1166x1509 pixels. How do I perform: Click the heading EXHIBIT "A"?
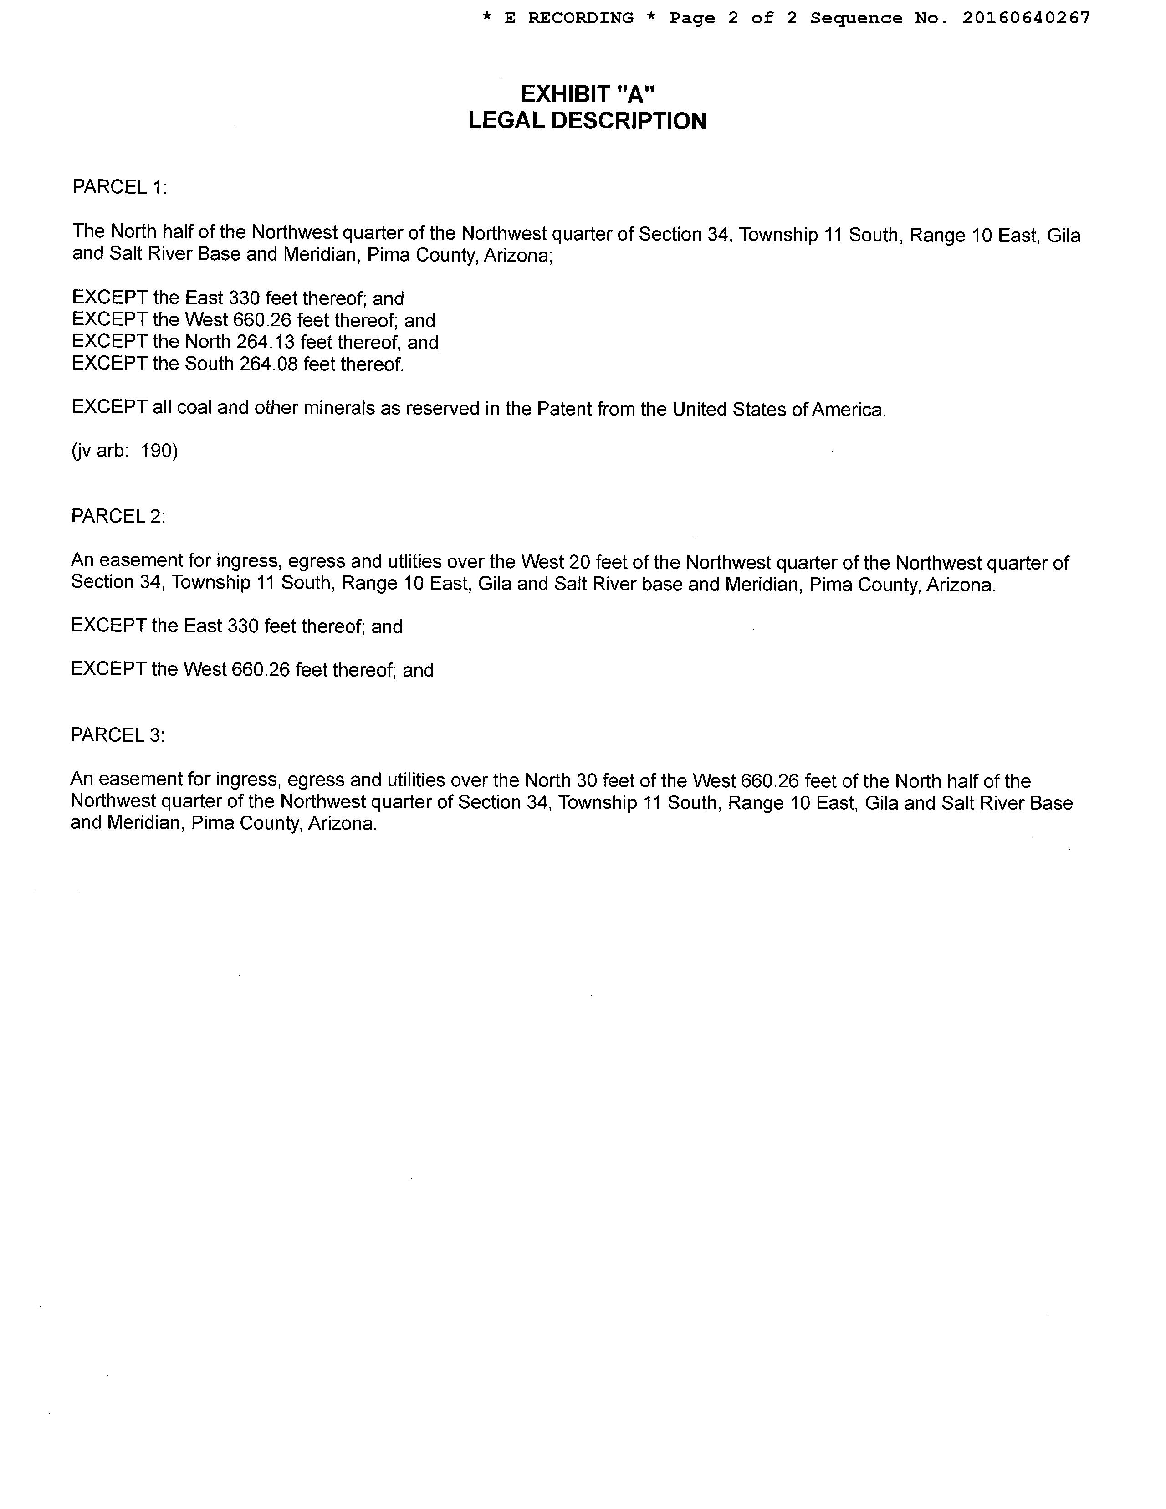coord(587,93)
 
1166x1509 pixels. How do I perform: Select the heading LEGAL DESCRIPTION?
coord(587,121)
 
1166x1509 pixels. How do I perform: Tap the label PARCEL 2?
coord(118,516)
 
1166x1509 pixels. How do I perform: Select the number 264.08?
coord(269,364)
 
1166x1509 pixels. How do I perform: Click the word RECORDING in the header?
coord(580,18)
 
